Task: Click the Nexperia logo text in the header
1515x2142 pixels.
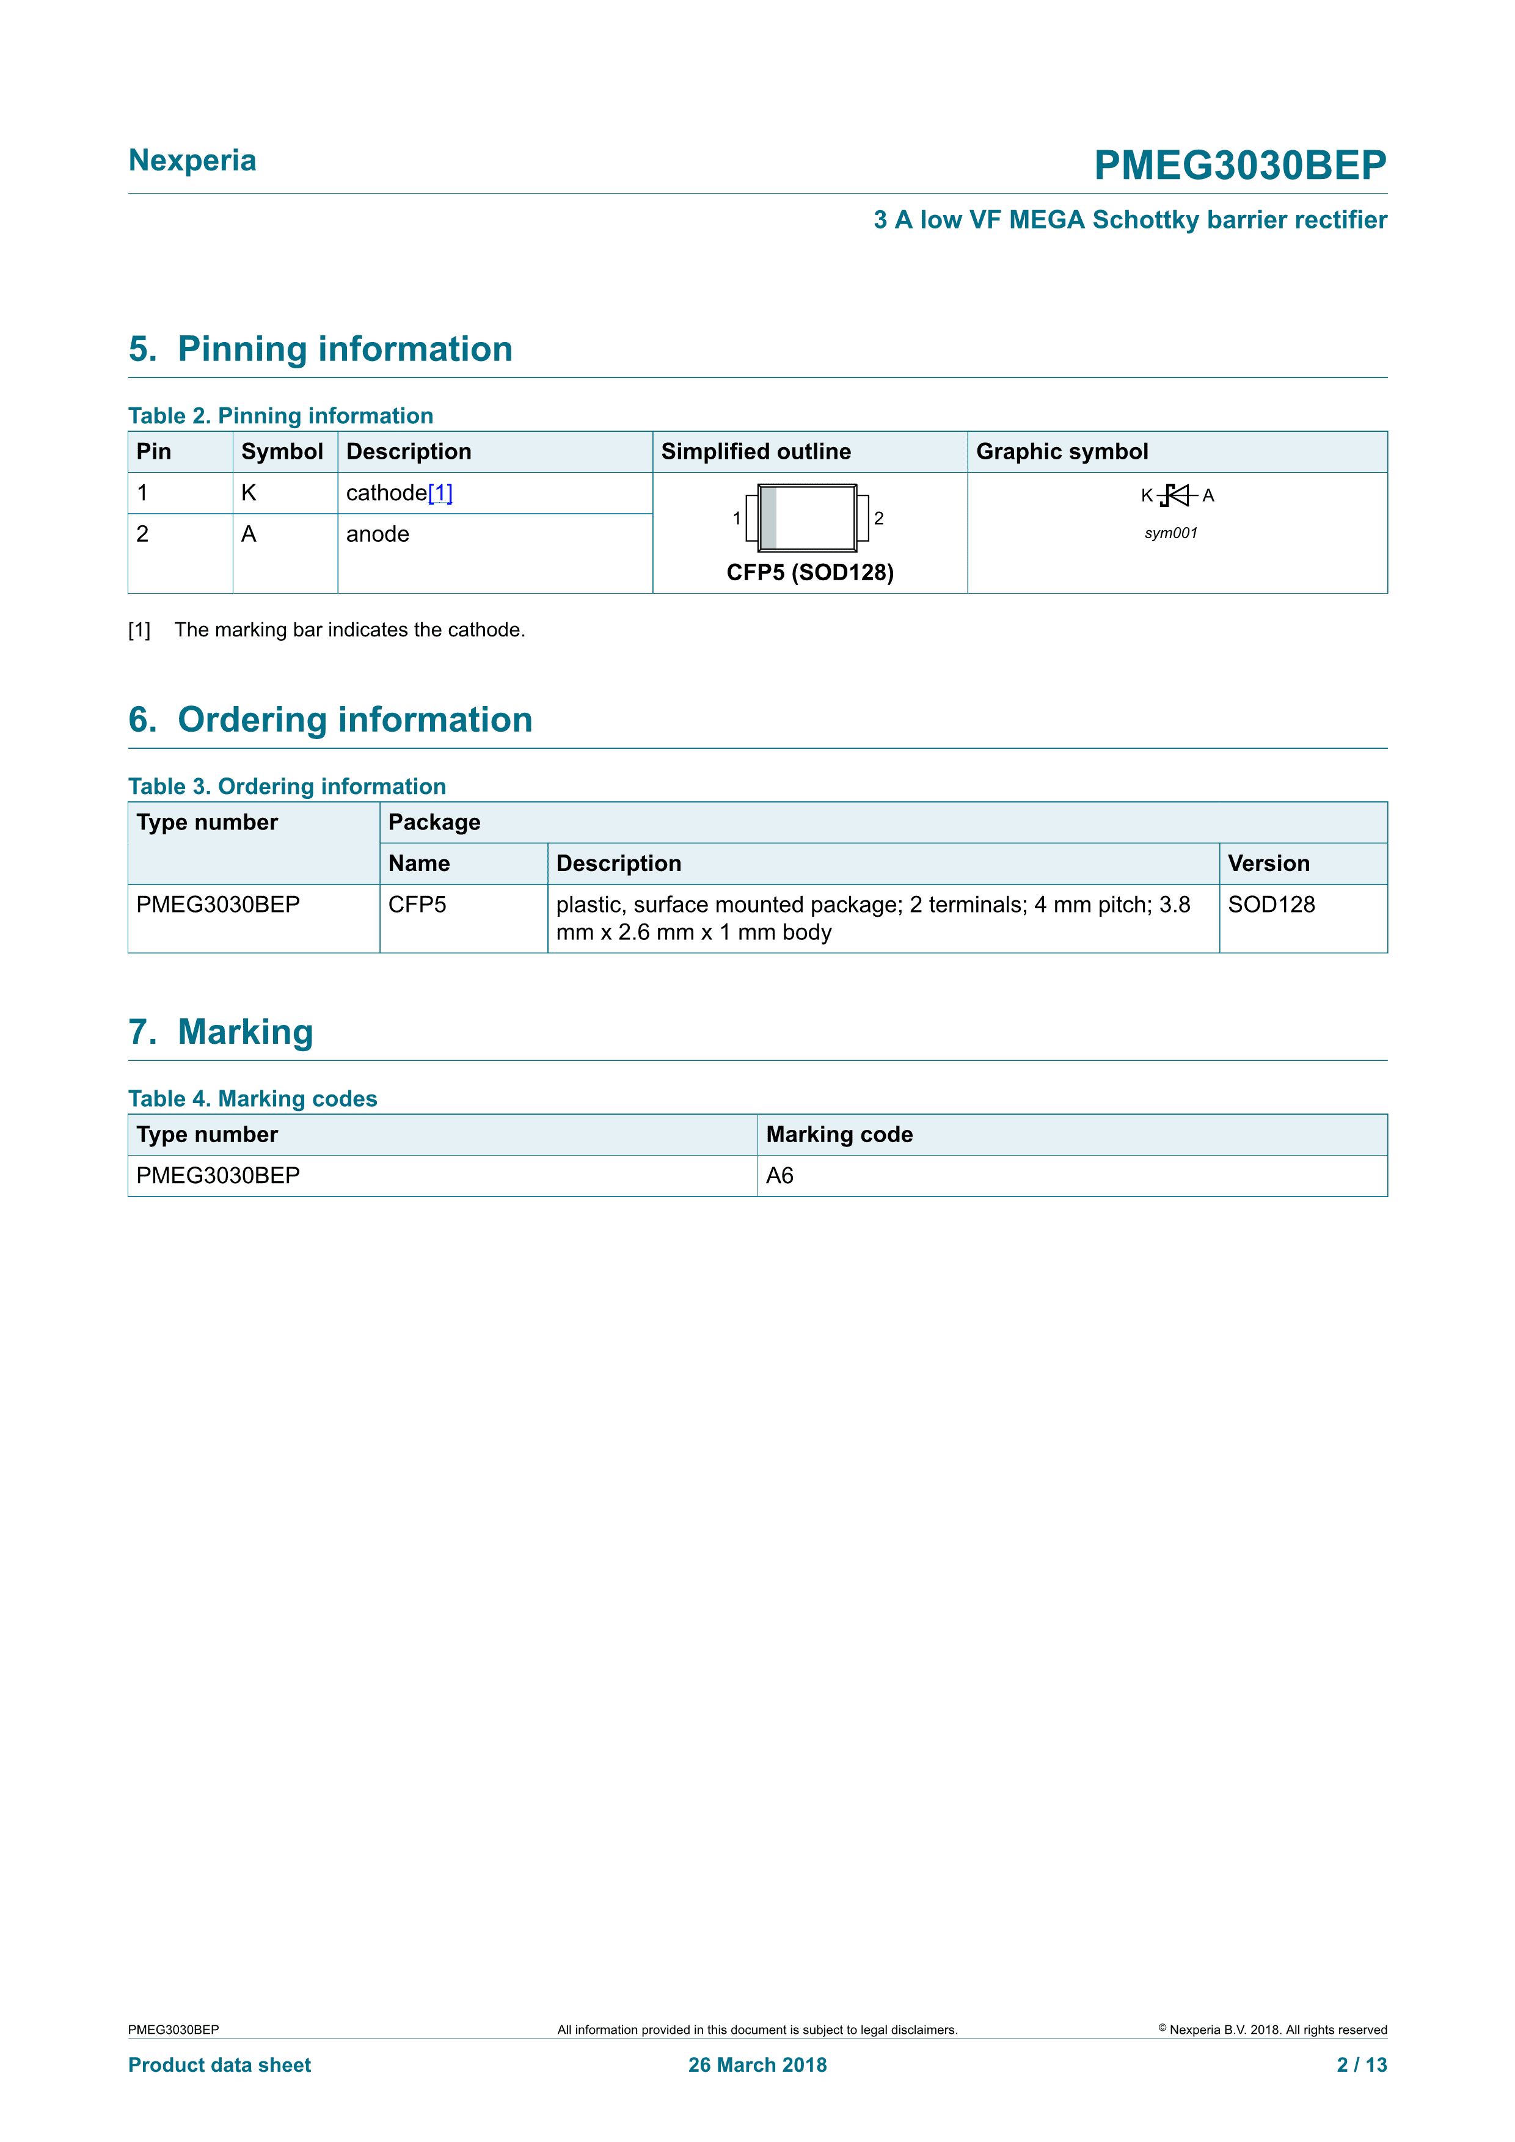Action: click(192, 161)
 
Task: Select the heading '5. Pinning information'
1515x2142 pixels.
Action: click(320, 349)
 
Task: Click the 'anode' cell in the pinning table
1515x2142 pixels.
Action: click(378, 534)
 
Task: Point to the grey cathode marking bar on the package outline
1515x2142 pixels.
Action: click(768, 518)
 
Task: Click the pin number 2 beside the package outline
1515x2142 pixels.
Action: click(879, 519)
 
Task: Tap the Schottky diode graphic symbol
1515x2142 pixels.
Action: click(1177, 495)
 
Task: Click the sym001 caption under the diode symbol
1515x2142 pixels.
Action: click(1171, 534)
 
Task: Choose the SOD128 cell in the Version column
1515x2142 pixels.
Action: click(1271, 905)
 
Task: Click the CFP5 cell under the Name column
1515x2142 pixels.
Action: click(417, 905)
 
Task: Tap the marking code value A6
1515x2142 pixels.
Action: click(780, 1176)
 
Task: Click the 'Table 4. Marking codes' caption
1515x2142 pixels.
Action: click(253, 1099)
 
